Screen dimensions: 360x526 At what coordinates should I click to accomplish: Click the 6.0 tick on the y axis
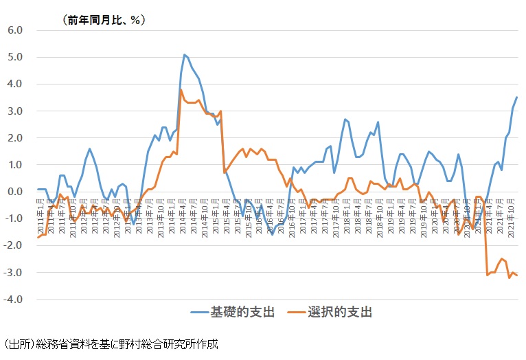click(x=16, y=30)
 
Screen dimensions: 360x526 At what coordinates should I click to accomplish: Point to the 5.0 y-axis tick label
click(x=16, y=57)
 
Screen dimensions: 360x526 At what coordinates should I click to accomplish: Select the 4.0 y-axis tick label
click(x=16, y=84)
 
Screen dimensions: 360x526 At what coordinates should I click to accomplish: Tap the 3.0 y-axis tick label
click(x=16, y=111)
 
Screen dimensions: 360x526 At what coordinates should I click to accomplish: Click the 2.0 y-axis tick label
click(x=16, y=138)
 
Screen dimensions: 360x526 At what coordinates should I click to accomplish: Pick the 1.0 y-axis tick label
click(x=16, y=165)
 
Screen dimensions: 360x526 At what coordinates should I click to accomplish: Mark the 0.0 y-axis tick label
click(x=16, y=192)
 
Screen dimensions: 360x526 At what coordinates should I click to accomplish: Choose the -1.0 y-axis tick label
click(x=14, y=218)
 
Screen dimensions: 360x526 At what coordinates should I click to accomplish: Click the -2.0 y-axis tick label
click(x=14, y=246)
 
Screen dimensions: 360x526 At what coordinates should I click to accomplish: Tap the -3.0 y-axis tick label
click(x=14, y=273)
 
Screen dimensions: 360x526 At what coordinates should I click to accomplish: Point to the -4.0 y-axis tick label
click(x=14, y=300)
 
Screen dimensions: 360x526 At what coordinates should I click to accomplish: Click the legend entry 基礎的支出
click(x=248, y=313)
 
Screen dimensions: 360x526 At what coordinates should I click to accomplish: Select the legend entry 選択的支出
click(x=345, y=313)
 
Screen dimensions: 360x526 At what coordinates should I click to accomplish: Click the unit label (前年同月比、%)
click(x=104, y=20)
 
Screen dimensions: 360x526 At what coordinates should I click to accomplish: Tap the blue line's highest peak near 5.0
click(x=185, y=55)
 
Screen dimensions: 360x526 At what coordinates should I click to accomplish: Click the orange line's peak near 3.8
click(x=181, y=89)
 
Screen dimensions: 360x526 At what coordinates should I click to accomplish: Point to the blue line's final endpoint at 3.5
click(x=516, y=98)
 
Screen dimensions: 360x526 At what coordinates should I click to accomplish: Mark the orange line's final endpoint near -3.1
click(x=516, y=275)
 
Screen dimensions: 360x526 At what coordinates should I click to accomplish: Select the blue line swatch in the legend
click(x=203, y=313)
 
